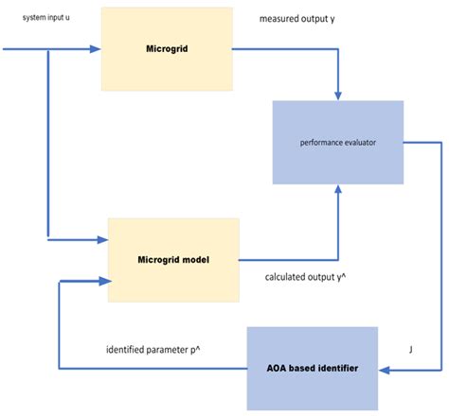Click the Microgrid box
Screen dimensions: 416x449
(x=166, y=48)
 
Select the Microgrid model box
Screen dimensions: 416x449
(x=173, y=259)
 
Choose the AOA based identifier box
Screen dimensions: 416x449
(x=312, y=367)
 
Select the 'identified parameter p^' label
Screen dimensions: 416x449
(x=153, y=349)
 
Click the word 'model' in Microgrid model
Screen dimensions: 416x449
(x=194, y=259)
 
